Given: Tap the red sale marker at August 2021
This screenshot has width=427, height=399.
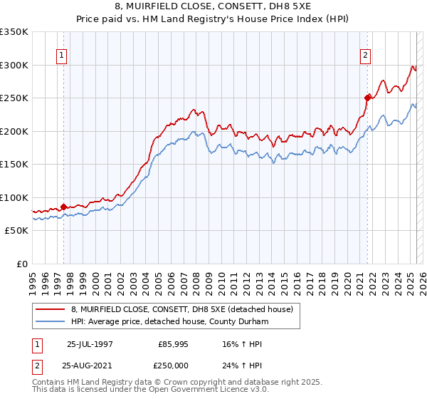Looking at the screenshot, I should (368, 98).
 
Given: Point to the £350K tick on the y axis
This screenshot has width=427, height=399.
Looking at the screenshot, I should (14, 32).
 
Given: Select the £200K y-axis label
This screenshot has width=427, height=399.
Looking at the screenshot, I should (14, 131).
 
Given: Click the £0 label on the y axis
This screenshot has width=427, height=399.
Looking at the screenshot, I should (22, 264).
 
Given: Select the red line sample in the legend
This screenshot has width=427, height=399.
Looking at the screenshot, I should (51, 309).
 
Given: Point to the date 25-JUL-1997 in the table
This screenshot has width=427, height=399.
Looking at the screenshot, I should (89, 343).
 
